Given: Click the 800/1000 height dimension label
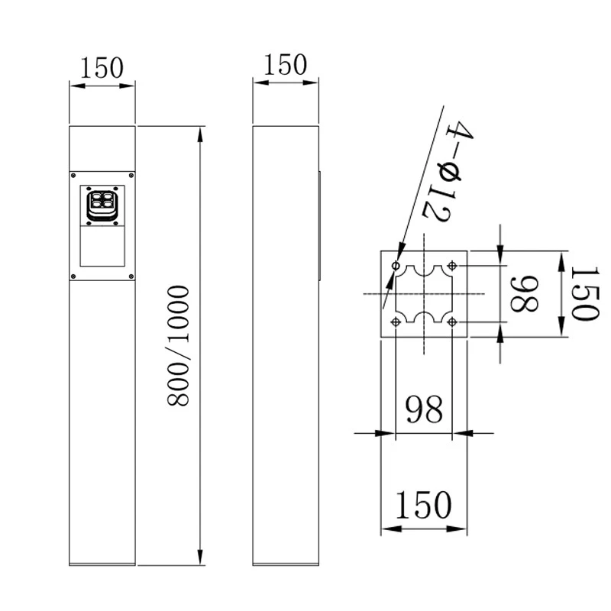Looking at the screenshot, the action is [x=178, y=346].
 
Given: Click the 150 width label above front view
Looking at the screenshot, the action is [x=102, y=68].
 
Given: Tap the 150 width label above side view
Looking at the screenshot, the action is [x=285, y=65].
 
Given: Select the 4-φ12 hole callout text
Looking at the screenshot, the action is [x=448, y=171].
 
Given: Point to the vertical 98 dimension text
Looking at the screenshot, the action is [x=525, y=294].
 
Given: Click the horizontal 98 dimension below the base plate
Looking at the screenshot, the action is [x=424, y=409].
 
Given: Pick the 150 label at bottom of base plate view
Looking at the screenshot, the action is [x=424, y=505].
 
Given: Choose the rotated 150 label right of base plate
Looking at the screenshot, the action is [x=584, y=294].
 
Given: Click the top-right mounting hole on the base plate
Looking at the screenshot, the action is [x=452, y=266].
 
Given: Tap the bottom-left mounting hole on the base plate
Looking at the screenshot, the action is [x=396, y=322].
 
